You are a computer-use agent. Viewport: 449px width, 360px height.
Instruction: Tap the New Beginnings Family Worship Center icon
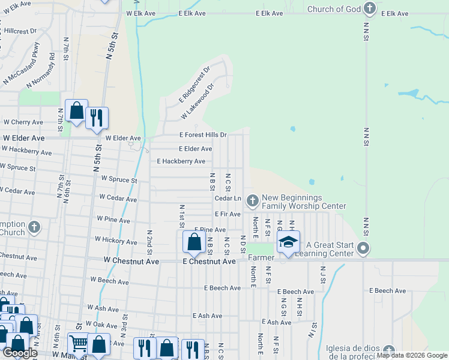253,199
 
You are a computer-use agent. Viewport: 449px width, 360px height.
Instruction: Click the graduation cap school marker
288,242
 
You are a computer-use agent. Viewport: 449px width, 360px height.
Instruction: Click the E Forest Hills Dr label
203,135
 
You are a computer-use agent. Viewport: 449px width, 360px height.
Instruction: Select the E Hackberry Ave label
181,161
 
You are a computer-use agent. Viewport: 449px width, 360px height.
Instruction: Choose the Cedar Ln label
228,198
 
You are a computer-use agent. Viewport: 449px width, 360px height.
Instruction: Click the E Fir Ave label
228,214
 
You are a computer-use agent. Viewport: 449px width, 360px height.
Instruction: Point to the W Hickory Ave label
116,242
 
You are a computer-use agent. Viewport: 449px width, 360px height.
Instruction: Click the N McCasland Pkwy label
21,62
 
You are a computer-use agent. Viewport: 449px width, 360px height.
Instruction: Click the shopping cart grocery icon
79,343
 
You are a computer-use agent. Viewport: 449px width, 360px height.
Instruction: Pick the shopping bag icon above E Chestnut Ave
194,242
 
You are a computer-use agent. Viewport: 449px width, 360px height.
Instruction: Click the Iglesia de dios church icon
390,350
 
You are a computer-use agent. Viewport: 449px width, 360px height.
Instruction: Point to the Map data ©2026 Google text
411,355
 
